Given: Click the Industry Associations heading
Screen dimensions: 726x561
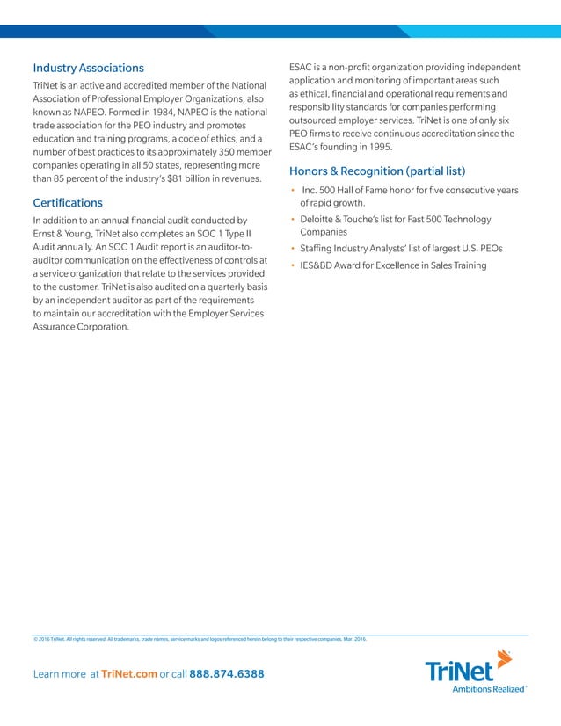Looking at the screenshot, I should [x=88, y=68].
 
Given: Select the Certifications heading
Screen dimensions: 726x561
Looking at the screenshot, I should [x=68, y=203].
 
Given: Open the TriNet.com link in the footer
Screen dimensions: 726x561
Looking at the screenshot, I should [x=129, y=673].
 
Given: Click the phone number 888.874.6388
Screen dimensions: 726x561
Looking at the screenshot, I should [x=226, y=673].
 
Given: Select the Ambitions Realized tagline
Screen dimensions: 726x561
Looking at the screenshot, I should [x=487, y=688].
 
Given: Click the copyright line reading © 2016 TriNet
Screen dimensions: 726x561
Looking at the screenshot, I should [x=53, y=639].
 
